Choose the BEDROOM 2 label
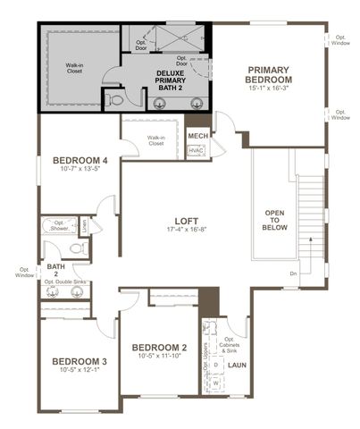(159, 347)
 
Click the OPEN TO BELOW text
(274, 220)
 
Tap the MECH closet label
(197, 136)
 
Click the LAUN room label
(237, 365)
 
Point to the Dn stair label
(293, 273)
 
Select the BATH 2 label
(55, 270)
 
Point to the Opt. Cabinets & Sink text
(237, 344)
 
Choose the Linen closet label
(85, 226)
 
